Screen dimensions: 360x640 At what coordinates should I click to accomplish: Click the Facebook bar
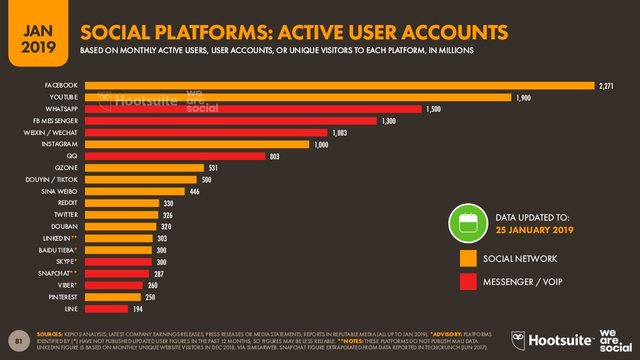339,86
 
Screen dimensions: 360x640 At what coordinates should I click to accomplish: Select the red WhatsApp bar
253,109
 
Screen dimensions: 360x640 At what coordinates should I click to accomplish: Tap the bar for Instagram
197,144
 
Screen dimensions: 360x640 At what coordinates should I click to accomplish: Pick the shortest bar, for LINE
106,309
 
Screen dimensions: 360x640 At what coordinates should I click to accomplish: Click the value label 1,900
523,98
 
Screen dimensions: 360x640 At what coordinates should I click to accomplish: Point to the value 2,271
606,86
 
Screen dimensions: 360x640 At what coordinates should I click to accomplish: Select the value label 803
274,156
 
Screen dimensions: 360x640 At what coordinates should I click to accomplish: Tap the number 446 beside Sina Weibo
194,192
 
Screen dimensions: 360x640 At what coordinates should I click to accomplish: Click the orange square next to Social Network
468,259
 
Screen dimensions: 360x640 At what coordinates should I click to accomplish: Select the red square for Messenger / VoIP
468,282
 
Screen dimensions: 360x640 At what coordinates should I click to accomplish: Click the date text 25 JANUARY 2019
534,230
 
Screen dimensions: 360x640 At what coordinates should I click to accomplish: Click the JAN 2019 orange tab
34,37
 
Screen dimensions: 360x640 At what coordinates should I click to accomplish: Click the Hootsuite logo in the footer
552,339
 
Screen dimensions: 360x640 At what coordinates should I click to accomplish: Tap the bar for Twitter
121,215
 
